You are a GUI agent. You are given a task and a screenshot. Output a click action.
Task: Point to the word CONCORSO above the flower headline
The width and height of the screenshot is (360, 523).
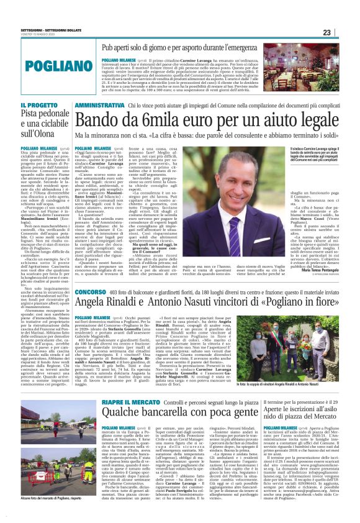click(91, 258)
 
